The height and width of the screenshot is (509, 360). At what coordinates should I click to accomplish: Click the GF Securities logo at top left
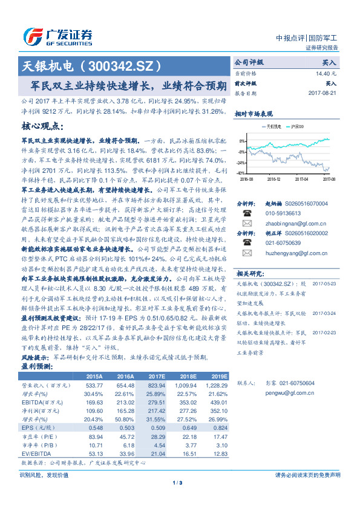pos(57,34)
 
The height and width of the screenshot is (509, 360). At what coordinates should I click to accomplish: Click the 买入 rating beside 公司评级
pos(329,62)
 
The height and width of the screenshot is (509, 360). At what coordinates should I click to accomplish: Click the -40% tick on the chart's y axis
pos(240,173)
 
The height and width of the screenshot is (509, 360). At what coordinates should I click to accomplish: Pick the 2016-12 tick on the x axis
pos(274,178)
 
